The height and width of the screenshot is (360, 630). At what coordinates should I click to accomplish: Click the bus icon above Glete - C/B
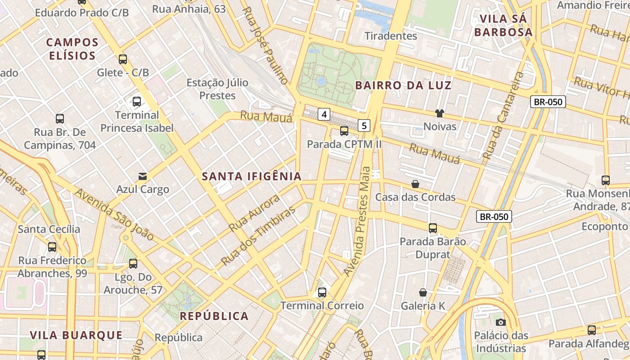123,59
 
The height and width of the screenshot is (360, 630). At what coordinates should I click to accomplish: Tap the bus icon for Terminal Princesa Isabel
137,101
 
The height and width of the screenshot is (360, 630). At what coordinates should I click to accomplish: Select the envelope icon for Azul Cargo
143,176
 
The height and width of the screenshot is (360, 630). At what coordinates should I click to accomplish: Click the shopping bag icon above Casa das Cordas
415,184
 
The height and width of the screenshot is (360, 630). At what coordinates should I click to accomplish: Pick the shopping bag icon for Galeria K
423,292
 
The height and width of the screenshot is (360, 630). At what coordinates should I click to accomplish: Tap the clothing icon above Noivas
440,113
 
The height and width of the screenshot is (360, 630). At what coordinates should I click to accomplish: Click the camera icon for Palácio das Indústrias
500,322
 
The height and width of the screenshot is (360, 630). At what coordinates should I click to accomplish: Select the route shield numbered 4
324,114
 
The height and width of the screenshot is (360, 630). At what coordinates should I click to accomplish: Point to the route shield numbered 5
364,126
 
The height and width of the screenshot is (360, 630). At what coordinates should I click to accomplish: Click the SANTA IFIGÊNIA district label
252,176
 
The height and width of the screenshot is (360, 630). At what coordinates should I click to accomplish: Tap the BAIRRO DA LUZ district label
403,85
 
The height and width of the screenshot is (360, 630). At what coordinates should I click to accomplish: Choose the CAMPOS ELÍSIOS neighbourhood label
72,49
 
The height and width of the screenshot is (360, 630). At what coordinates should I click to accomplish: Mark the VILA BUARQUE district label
76,335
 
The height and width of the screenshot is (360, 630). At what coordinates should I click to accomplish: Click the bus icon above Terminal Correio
322,292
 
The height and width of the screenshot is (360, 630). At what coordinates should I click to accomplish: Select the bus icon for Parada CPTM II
344,131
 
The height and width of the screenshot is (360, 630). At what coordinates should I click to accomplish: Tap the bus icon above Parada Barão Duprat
433,228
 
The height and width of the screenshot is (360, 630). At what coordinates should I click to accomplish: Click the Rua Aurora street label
254,213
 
